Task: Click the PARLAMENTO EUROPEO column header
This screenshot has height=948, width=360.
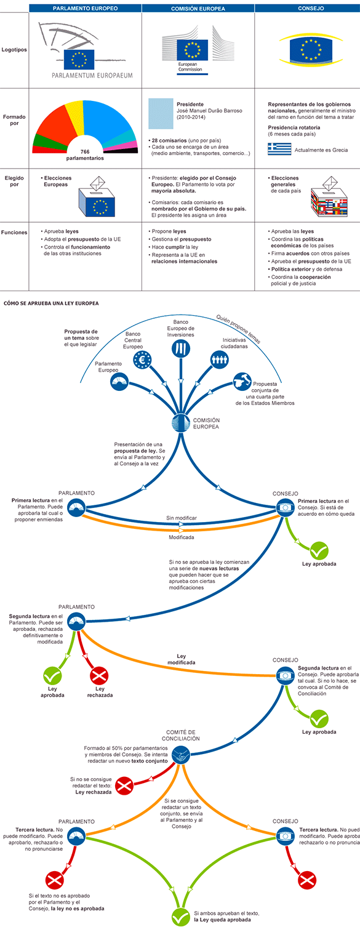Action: click(85, 9)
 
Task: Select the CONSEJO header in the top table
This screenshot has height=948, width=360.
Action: click(311, 9)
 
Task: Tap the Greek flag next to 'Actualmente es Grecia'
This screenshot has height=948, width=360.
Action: click(279, 149)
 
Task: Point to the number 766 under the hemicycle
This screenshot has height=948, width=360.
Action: click(85, 151)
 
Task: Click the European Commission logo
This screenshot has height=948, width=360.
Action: click(198, 50)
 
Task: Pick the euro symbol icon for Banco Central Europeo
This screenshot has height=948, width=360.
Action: click(142, 360)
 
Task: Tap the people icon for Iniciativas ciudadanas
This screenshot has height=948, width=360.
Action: click(219, 360)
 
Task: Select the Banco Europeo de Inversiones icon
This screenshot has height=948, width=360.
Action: click(181, 348)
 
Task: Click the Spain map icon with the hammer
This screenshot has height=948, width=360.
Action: click(242, 381)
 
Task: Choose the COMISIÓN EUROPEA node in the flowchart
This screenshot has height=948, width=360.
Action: click(181, 424)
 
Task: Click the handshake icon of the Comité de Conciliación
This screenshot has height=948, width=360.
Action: click(181, 754)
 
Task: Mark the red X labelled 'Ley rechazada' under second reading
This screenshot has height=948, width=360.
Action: click(100, 676)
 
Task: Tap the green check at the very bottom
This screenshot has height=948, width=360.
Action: click(181, 917)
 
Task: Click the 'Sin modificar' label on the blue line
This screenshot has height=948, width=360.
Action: click(182, 518)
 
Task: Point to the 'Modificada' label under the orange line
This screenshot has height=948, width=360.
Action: click(182, 537)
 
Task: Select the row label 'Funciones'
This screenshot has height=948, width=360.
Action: click(14, 232)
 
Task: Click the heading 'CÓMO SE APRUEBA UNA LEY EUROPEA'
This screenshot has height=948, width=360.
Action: click(51, 303)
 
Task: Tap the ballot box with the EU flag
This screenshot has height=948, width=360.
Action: click(97, 197)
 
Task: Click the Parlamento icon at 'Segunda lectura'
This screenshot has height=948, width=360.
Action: click(76, 621)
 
